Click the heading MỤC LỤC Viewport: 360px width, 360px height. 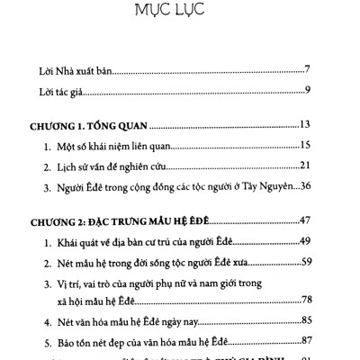click(x=179, y=16)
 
